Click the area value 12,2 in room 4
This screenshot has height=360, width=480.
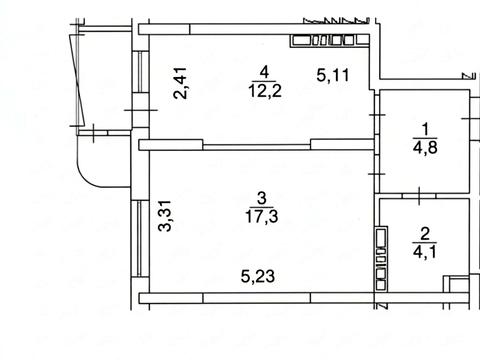pos(265,91)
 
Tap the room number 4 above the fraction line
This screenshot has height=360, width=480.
pos(264,72)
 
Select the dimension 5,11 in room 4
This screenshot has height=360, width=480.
pos(333,75)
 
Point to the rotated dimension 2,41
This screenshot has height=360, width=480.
pos(180,83)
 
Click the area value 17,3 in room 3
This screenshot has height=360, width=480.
pos(262,217)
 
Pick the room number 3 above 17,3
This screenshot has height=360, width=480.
pos(262,198)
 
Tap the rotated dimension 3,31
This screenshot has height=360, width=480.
pos(164,216)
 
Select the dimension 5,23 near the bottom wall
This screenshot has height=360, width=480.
pos(258,276)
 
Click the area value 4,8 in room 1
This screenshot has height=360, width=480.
pos(425,148)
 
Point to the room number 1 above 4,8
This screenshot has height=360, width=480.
pos(426,129)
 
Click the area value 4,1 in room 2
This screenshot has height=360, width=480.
pos(424,252)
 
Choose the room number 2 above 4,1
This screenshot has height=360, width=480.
pos(425,234)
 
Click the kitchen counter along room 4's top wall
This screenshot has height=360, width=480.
pos(330,41)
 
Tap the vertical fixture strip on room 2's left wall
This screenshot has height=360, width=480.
pos(381,258)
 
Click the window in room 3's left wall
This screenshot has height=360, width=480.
pos(140,238)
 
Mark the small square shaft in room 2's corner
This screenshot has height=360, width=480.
pos(456,284)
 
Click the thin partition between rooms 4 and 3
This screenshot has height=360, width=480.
pos(257,147)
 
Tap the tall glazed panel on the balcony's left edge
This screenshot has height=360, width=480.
pos(77,79)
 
